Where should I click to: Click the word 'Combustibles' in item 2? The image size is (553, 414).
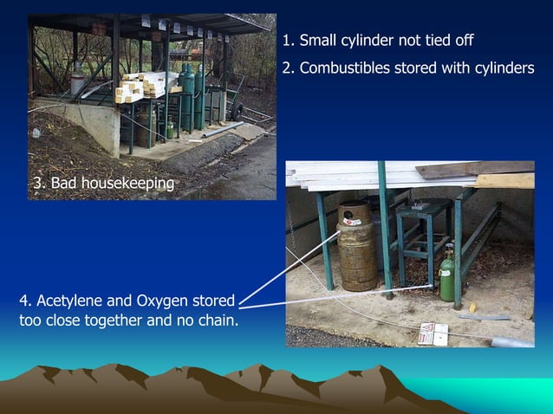tap(340, 68)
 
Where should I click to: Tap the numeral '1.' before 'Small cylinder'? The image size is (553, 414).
tap(289, 41)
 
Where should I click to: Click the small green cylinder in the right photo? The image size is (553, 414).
tap(447, 276)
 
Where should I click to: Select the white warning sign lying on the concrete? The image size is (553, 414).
tap(433, 333)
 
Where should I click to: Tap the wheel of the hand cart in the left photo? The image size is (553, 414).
tap(237, 110)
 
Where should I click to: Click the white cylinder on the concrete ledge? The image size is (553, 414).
tap(78, 81)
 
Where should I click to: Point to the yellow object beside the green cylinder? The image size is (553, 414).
tap(473, 307)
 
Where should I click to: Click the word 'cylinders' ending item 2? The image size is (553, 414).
tap(505, 68)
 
